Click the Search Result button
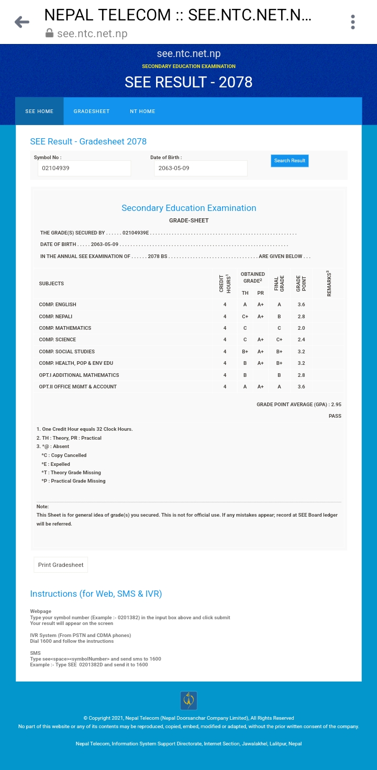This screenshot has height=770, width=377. point(290,161)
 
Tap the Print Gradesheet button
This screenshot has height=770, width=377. point(61,565)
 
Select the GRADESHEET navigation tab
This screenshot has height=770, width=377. point(92,111)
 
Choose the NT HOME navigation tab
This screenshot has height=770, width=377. point(142,111)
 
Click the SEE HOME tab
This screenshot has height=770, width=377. point(39,111)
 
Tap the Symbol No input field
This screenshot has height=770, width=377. point(84,169)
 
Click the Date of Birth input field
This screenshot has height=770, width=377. point(201,169)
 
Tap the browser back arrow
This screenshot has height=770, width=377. point(22,22)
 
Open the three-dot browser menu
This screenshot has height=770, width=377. point(353,22)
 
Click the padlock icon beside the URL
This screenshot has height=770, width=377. point(50,34)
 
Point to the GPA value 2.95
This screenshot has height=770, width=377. point(336,405)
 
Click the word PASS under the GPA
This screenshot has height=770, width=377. point(335,416)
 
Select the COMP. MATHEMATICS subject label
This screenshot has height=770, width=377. point(65,328)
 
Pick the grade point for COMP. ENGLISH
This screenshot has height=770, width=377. point(301,305)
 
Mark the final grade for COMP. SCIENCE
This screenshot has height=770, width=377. point(279,340)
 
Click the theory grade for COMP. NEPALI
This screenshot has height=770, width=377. point(245,317)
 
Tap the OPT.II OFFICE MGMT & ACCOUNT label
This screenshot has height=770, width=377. point(77,387)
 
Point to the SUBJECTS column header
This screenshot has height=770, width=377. point(51,284)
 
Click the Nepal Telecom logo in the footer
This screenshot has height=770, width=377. point(188,700)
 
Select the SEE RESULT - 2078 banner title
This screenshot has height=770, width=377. point(188,82)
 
